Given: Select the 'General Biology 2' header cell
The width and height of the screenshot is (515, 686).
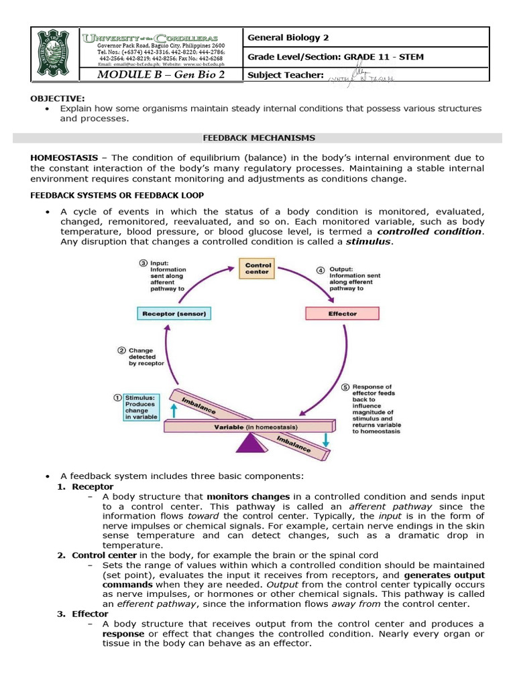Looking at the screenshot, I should click(x=288, y=38).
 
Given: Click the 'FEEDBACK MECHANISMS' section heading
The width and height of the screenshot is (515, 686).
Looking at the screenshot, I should click(x=258, y=137).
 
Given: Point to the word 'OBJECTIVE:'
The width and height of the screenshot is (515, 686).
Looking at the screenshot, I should click(x=57, y=98).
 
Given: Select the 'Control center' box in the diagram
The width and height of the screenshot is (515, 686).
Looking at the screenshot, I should click(x=257, y=269).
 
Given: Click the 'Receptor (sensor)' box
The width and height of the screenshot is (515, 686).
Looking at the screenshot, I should click(x=174, y=314).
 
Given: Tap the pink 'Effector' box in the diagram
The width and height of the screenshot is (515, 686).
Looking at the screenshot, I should click(x=342, y=314).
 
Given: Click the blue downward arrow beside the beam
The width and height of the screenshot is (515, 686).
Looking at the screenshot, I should click(x=325, y=439).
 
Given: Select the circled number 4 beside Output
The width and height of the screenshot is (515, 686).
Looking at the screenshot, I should click(x=320, y=269).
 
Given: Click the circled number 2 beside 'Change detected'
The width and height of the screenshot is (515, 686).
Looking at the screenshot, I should click(x=121, y=349).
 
